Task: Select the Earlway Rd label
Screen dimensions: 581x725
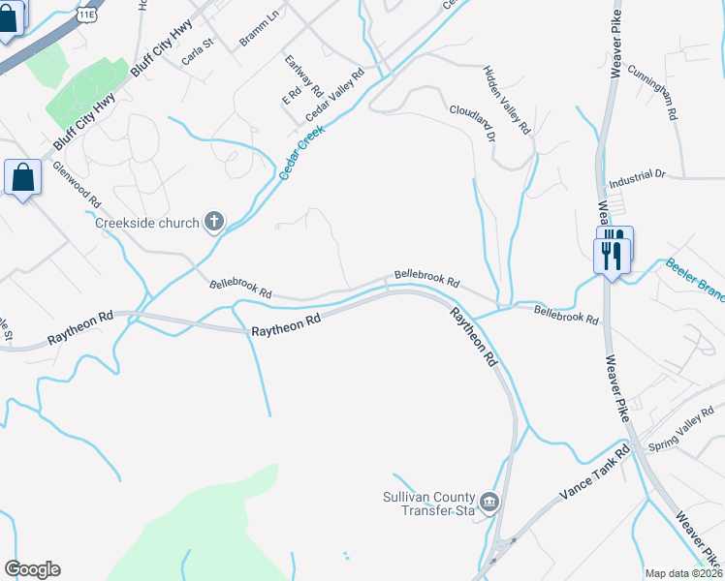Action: [x=304, y=76]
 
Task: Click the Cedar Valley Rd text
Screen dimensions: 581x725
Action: [x=334, y=93]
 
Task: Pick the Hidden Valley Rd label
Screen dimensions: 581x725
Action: [x=508, y=100]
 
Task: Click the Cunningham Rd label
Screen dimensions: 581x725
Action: [x=651, y=93]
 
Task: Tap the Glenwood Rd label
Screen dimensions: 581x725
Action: [x=78, y=185]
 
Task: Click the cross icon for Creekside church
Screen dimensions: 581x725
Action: [x=213, y=223]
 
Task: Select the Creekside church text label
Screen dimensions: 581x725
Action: [x=147, y=223]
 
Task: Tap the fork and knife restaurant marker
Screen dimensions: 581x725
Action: [x=612, y=251]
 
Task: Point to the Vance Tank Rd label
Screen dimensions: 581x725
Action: [x=594, y=474]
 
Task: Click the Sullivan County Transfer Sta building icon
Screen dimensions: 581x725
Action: [x=489, y=502]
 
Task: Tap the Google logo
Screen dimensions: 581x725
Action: [x=32, y=569]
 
